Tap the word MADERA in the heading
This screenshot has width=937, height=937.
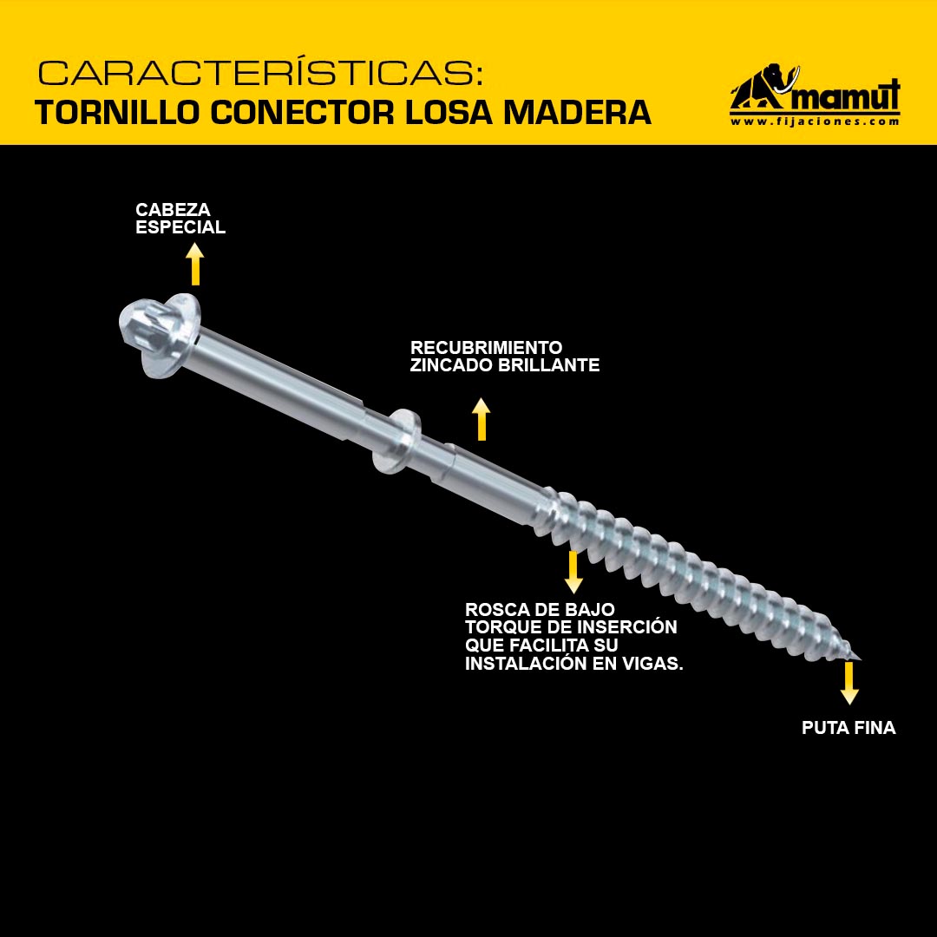coord(577,112)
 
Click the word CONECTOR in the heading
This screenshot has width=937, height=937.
coord(303,112)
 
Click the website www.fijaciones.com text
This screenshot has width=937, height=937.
coord(815,121)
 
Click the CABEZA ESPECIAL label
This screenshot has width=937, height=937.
coord(180,218)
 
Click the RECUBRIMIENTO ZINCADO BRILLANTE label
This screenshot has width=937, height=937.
coord(505,357)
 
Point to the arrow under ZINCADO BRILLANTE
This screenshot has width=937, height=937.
coord(481,419)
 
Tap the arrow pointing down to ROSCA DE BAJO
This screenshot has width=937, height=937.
coord(573,572)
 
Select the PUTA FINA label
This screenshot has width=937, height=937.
coord(849,728)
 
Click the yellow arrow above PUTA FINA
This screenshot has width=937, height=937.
coord(849,683)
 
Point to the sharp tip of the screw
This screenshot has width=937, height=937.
coord(859,659)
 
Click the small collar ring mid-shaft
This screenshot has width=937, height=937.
coord(396,441)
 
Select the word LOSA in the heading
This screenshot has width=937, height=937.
coord(449,112)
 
